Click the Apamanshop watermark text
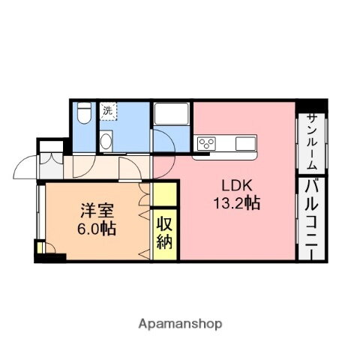point(180,324)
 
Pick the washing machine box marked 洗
point(108,111)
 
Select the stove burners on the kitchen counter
point(207,143)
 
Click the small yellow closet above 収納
point(165,193)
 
